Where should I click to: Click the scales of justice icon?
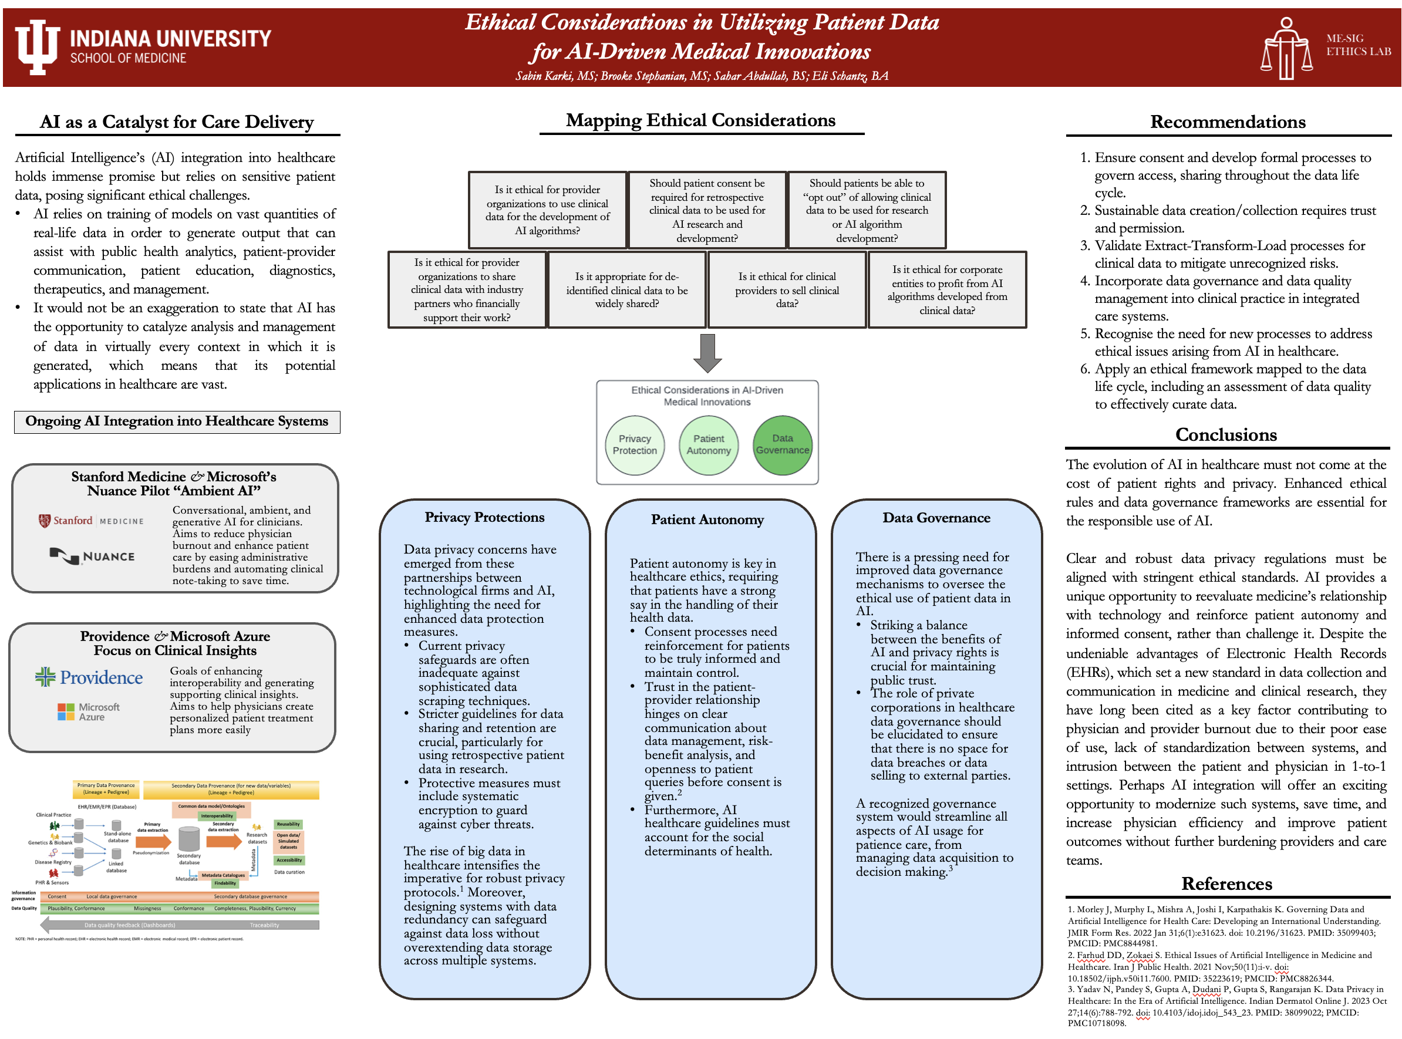coord(1286,49)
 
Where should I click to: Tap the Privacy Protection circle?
coord(634,445)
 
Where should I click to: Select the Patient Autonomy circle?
coord(708,445)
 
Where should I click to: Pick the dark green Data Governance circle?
coord(782,445)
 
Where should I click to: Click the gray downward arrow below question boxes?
coord(707,352)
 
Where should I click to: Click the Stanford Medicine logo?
coord(90,521)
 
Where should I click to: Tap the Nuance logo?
coord(92,556)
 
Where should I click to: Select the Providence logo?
coord(89,677)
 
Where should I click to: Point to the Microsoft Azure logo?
coord(89,712)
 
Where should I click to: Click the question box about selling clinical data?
coord(787,290)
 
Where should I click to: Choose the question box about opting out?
coord(867,210)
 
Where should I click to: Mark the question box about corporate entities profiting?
coord(946,290)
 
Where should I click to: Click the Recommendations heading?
coord(1227,122)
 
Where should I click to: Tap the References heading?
coord(1226,883)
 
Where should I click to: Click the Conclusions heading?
coord(1226,434)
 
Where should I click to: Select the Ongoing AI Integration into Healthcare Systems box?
coord(177,421)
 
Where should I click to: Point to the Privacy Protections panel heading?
coord(484,517)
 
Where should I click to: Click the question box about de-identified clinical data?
coord(626,290)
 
